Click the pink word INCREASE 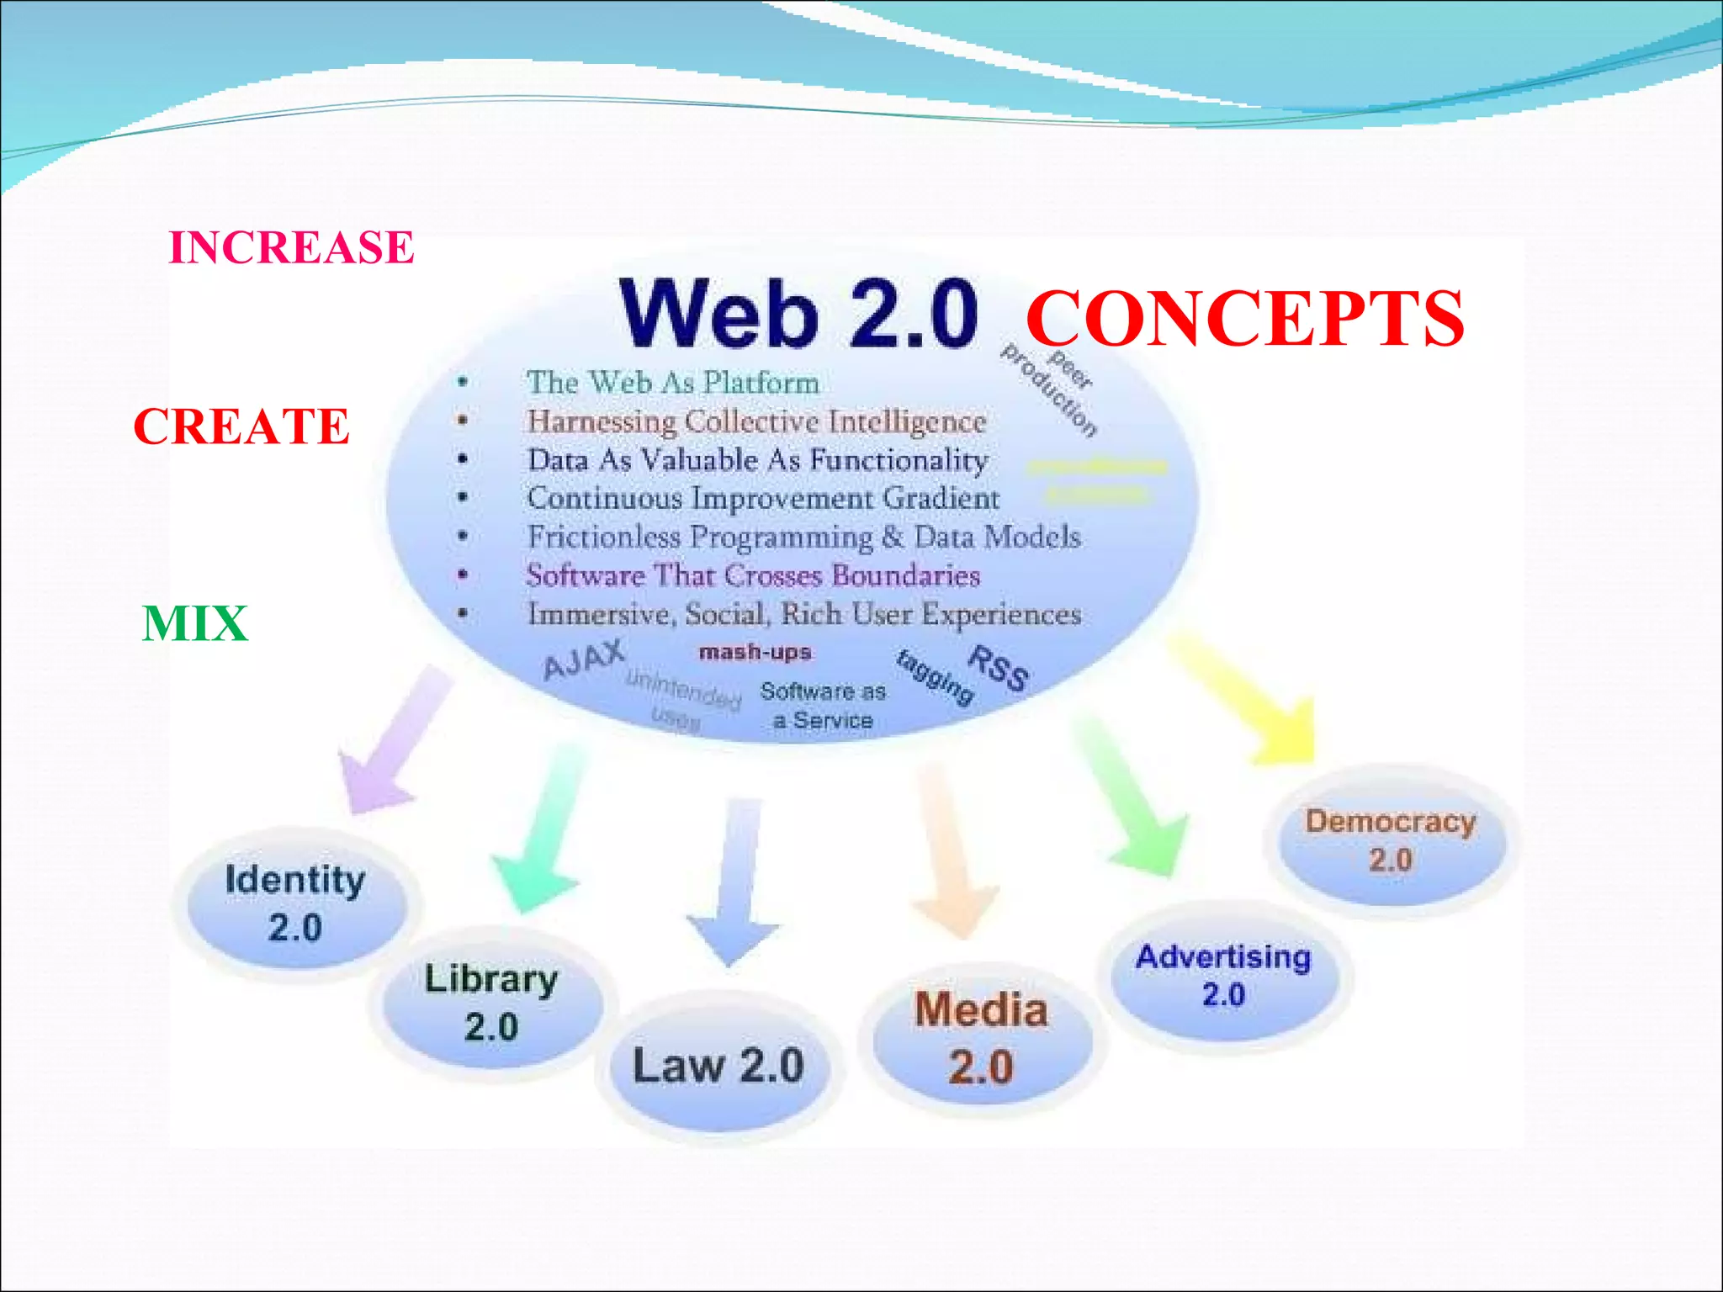click(291, 247)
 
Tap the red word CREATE click(241, 426)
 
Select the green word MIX click(195, 623)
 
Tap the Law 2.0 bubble click(718, 1066)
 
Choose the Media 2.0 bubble click(981, 1039)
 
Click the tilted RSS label click(998, 669)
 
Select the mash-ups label click(755, 652)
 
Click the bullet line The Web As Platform click(672, 383)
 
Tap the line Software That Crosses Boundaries click(753, 575)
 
